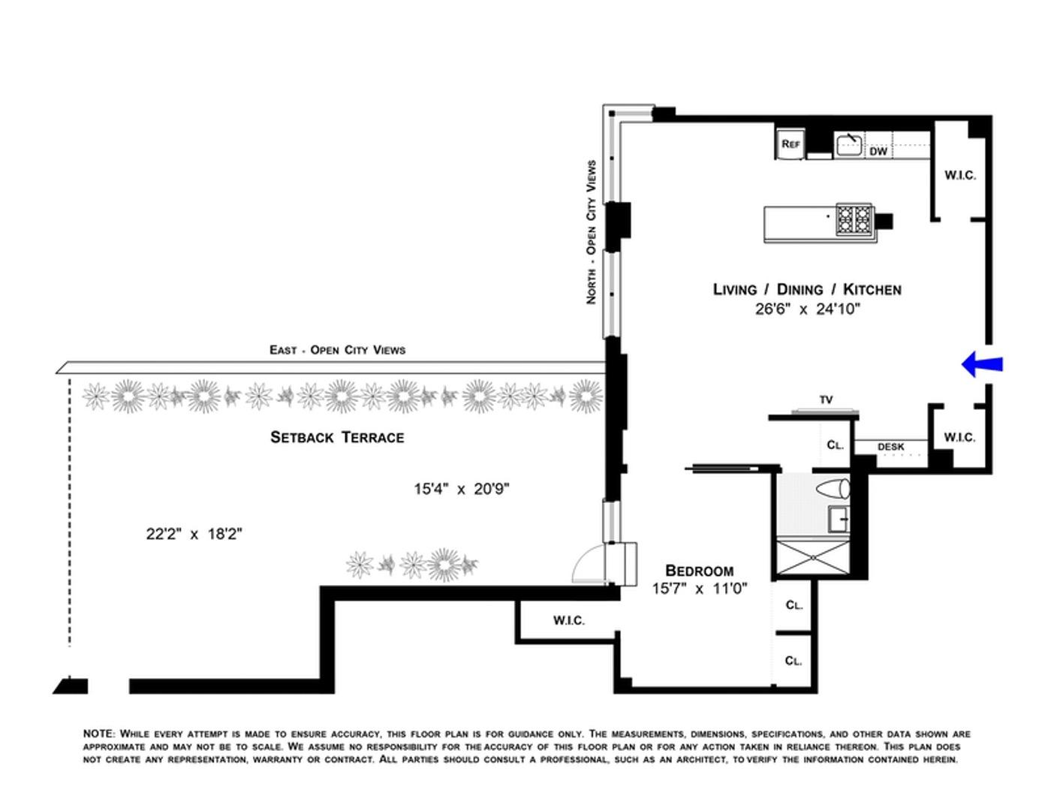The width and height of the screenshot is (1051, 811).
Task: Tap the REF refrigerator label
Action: point(791,143)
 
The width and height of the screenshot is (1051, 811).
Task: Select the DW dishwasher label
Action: point(878,151)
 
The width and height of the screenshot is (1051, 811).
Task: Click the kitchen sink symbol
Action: point(849,144)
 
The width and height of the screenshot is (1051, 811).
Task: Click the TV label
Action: point(826,399)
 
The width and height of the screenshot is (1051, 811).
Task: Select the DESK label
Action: point(891,447)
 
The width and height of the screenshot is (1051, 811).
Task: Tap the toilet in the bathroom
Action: point(835,490)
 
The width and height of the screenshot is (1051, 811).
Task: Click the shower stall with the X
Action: point(812,556)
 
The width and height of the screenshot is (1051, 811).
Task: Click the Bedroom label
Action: point(700,571)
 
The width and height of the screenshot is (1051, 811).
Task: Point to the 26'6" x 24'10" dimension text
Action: point(807,309)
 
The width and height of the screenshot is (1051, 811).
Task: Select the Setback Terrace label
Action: point(337,437)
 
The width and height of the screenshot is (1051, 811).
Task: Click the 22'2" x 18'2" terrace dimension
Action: point(194,534)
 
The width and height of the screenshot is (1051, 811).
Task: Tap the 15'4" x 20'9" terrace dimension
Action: point(461,489)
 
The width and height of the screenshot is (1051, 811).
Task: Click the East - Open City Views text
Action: point(337,350)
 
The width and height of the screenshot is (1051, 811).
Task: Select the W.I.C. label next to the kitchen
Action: point(959,175)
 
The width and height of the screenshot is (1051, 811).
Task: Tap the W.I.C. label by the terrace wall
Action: point(568,620)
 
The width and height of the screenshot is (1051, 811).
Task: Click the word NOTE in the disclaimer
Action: point(98,734)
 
